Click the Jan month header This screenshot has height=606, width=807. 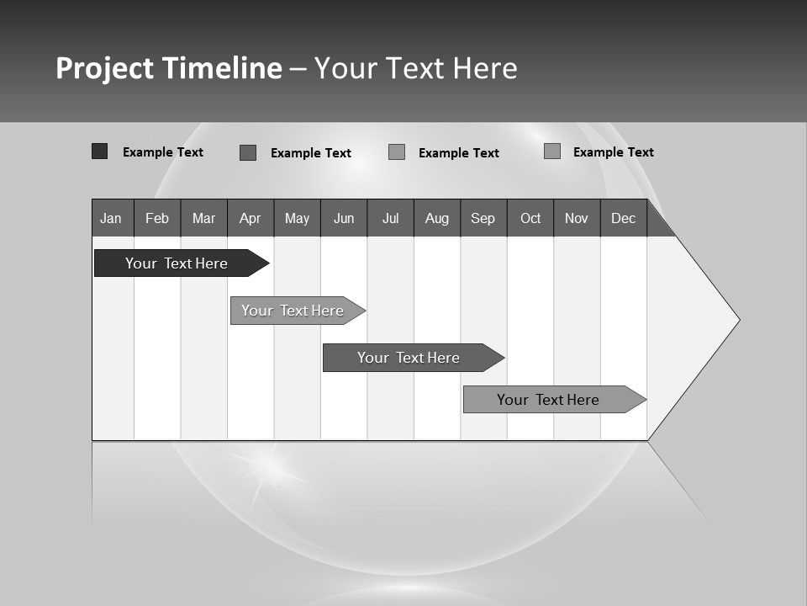click(112, 218)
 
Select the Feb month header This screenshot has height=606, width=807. click(157, 218)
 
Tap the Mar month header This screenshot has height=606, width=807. click(203, 218)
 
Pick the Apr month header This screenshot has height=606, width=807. click(251, 218)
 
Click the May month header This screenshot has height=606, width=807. click(297, 218)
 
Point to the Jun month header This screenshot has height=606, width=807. click(344, 218)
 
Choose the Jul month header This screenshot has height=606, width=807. click(390, 218)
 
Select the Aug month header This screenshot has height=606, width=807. click(437, 218)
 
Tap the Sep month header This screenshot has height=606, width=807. click(483, 218)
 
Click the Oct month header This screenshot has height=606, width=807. click(530, 218)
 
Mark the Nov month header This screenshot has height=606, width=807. click(577, 218)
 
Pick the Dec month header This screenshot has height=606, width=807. click(624, 218)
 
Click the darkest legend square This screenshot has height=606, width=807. click(100, 151)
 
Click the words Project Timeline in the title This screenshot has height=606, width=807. click(169, 68)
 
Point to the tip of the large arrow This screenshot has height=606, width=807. click(737, 320)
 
